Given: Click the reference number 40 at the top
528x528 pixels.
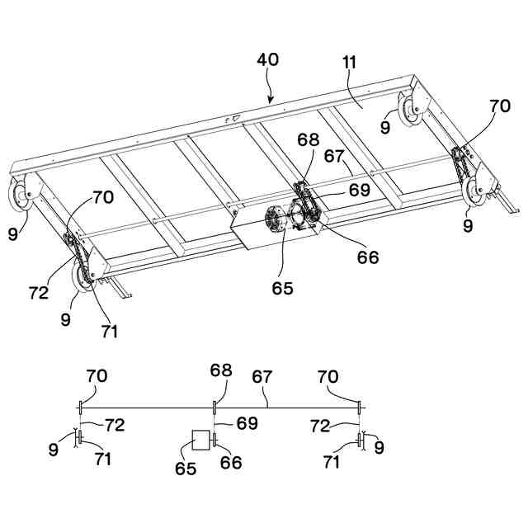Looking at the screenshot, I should point(267,60).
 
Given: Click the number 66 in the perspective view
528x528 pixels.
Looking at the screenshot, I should point(367,257).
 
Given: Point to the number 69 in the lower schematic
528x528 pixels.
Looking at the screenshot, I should point(247,423).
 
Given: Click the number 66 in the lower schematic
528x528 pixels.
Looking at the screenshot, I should point(231,463).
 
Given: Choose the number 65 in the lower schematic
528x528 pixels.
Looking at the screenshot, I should point(186,469).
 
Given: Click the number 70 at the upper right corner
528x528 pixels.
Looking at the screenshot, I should point(500,106).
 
